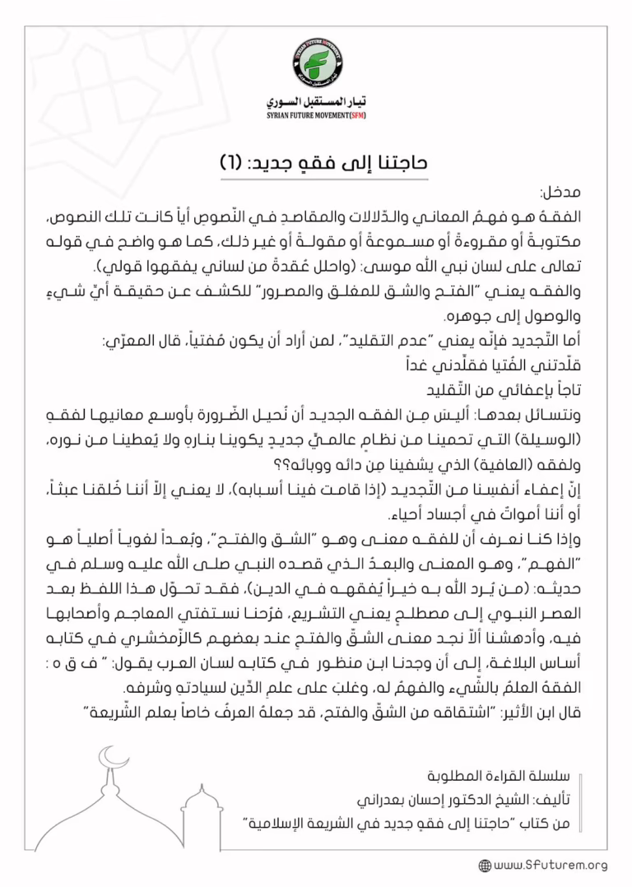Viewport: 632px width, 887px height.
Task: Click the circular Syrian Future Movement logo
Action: tap(316, 63)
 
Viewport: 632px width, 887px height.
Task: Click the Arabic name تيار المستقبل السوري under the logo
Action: tap(316, 103)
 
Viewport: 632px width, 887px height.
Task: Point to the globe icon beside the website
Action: tap(485, 865)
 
